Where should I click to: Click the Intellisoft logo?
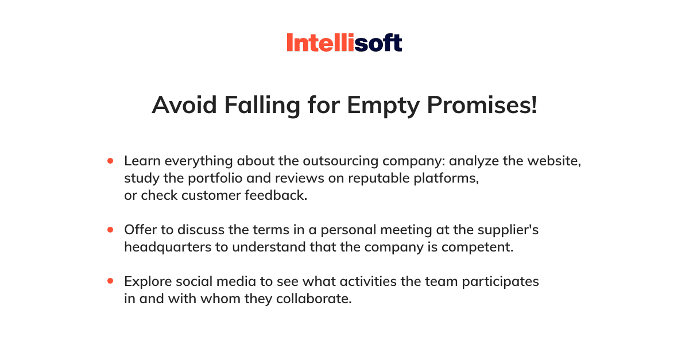(x=344, y=42)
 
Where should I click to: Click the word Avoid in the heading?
(x=184, y=105)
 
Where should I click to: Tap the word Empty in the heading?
(x=384, y=106)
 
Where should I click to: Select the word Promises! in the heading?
(x=482, y=106)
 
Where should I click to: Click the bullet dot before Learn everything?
(x=110, y=161)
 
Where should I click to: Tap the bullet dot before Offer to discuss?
(x=110, y=230)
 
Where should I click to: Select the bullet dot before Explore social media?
(x=110, y=281)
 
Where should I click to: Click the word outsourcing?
(x=340, y=161)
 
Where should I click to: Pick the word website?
(x=554, y=161)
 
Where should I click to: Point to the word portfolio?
(x=215, y=179)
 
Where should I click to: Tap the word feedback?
(x=276, y=195)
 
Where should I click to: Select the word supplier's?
(x=508, y=230)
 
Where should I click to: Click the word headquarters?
(x=168, y=247)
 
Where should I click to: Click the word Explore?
(x=148, y=282)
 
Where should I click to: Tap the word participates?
(x=501, y=282)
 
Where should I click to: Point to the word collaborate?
(x=313, y=299)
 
